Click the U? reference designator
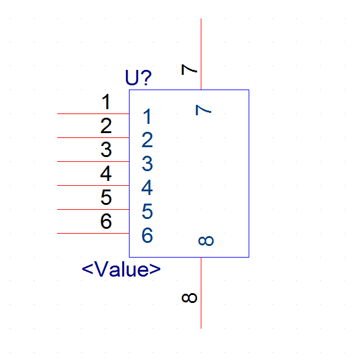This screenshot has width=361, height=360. click(138, 77)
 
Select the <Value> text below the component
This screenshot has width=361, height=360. click(121, 269)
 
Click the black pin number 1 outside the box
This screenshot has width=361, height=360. click(106, 102)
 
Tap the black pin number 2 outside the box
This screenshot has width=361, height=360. click(106, 126)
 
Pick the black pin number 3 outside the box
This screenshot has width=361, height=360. click(106, 150)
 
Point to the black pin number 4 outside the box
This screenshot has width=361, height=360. click(106, 174)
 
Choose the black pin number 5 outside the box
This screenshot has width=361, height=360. click(106, 197)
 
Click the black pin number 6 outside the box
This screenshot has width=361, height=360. click(106, 221)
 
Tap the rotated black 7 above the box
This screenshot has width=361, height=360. click(189, 70)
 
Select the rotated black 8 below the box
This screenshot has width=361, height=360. click(189, 298)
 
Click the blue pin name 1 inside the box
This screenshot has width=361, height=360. click(147, 117)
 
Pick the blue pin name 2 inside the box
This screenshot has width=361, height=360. click(147, 140)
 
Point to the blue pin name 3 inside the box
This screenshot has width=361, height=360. click(147, 164)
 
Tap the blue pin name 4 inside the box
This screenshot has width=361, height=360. click(147, 188)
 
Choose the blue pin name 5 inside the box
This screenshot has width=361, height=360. click(147, 212)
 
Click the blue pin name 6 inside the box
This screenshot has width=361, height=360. click(147, 236)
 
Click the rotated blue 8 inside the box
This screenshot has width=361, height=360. click(206, 241)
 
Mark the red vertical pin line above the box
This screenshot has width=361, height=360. click(201, 54)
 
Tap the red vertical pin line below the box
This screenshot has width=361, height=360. click(201, 293)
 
